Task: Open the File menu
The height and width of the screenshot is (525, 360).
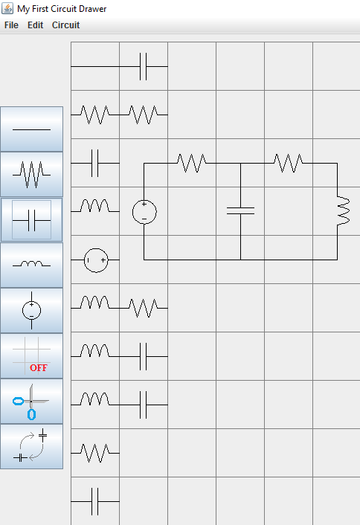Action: point(11,25)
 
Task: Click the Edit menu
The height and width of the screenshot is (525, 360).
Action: point(35,25)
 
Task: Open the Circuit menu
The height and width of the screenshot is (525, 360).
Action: point(65,25)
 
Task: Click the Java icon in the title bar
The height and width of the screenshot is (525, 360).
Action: point(7,8)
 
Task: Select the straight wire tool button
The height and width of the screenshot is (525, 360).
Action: point(31,129)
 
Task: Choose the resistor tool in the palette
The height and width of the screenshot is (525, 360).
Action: point(31,174)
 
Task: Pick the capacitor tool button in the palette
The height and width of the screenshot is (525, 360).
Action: point(31,219)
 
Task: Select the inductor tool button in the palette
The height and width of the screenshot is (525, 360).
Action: point(31,265)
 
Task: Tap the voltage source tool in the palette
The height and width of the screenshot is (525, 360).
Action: point(31,310)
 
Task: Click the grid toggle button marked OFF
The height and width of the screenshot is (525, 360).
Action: point(31,355)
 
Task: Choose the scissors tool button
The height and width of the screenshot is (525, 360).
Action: point(31,401)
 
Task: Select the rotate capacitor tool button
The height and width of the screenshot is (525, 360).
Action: point(31,446)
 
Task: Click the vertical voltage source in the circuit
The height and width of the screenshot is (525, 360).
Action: point(144,212)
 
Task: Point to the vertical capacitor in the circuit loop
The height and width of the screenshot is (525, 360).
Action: point(240,211)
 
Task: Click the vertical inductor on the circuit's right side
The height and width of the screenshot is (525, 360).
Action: point(343,211)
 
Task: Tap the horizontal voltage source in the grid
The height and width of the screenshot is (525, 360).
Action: point(96,260)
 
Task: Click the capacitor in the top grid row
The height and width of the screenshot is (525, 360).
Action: point(144,66)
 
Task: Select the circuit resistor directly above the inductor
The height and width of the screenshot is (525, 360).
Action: point(289,163)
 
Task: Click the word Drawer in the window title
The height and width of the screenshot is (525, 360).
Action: point(93,9)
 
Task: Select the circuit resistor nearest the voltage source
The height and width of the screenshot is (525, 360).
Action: point(192,163)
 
